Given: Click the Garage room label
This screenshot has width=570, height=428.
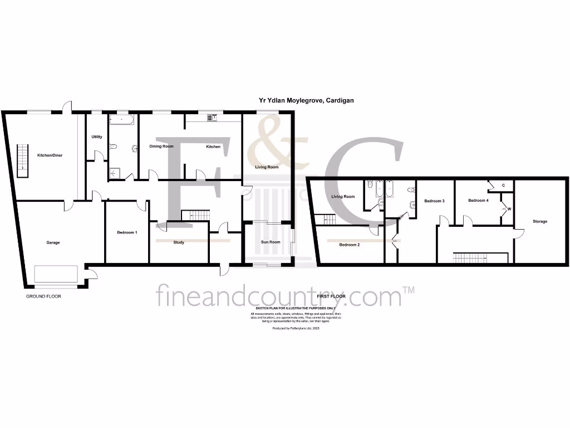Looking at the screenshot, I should point(53,242).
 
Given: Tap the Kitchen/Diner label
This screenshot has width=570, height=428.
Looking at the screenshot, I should point(50,155).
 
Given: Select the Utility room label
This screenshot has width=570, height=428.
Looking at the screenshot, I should point(97,137).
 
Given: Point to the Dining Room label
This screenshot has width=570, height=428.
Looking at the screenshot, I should point(161,146).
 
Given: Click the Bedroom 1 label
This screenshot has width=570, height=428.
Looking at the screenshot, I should point(127,232).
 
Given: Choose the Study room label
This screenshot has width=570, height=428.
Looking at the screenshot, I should point(179,242).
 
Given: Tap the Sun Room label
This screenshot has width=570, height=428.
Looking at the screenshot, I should point(271,242).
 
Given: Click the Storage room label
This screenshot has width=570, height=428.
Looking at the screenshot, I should point(539,221).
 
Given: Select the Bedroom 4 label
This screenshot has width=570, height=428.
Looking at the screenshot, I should point(478,201).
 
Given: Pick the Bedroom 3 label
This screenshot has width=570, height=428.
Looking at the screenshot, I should point(434,201).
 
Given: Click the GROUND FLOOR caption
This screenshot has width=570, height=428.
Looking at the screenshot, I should point(43,296).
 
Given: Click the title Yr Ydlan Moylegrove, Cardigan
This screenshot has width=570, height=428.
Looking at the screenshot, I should point(306,101).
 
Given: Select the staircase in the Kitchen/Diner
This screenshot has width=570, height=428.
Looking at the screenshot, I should point(23,160).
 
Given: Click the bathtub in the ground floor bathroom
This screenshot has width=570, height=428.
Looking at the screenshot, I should point(121,119).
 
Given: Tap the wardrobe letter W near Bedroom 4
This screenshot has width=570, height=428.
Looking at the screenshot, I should point(509,210).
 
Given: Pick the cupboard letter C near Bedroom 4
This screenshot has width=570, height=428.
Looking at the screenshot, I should point(503,185).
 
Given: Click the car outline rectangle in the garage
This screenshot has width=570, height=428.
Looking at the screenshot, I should point(56,274).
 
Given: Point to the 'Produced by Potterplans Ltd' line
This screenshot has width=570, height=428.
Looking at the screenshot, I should point(296,328).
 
